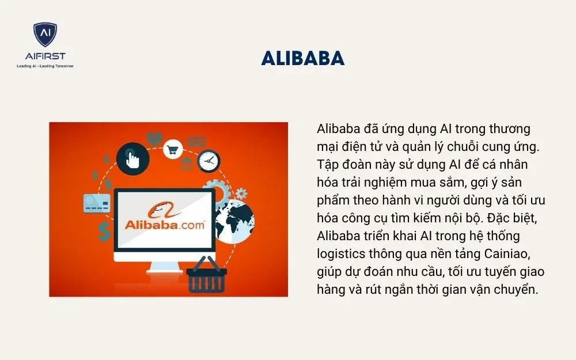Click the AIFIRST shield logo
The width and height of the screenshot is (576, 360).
click(x=44, y=36)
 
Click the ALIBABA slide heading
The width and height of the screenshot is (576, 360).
click(x=302, y=58)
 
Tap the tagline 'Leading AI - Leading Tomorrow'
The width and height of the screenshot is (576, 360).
click(x=45, y=66)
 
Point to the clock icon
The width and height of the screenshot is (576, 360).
click(x=209, y=161)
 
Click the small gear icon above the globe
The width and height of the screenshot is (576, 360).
click(x=241, y=194)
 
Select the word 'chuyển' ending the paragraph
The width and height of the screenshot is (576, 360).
click(x=516, y=289)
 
